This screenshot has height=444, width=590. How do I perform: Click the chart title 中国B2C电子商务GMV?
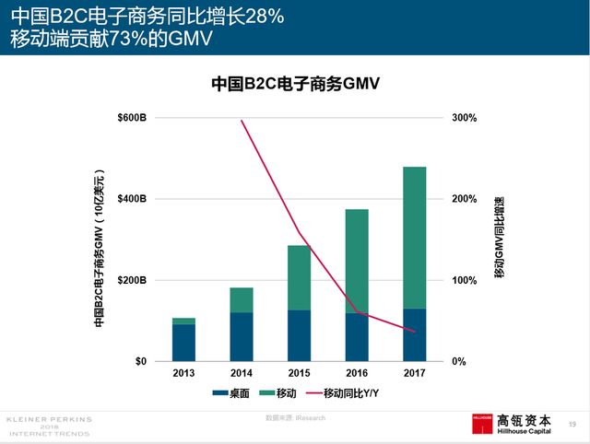296,84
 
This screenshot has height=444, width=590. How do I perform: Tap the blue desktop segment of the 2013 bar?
183,342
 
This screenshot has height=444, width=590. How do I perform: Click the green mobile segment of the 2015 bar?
299,277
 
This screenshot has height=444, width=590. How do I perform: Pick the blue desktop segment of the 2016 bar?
357,337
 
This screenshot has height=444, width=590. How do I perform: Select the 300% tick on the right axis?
464,118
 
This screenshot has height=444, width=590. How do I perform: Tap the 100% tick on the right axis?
464,280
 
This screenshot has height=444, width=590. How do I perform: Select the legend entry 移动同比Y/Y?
354,393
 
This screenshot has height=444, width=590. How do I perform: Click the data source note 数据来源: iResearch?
295,417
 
